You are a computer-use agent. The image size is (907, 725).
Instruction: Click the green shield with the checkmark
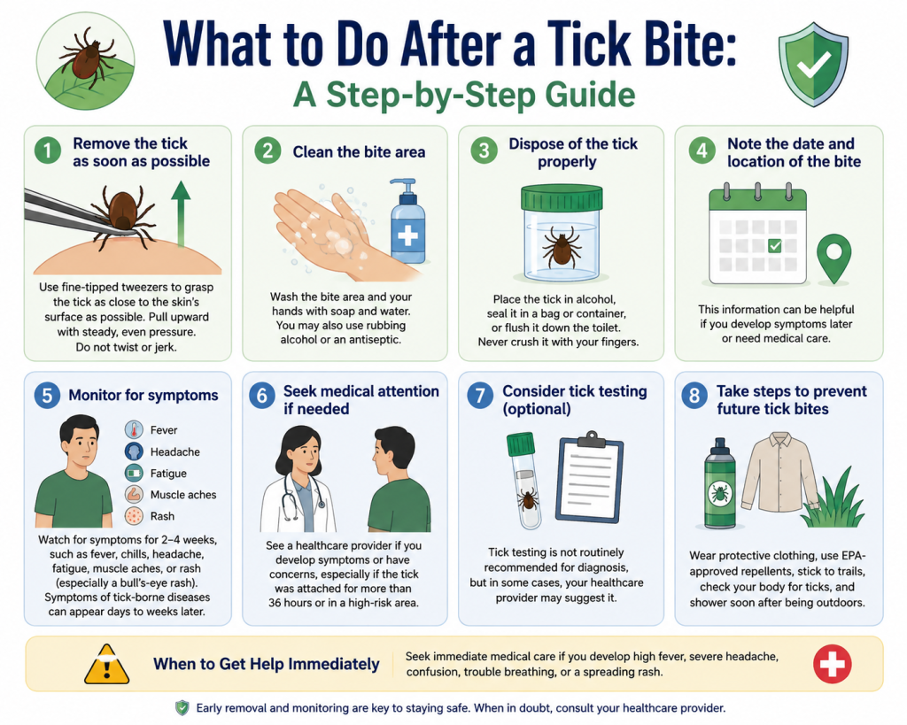pyautogui.click(x=813, y=64)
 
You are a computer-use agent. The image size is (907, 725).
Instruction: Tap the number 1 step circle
pyautogui.click(x=48, y=151)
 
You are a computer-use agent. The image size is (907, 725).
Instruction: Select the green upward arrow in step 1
pyautogui.click(x=181, y=214)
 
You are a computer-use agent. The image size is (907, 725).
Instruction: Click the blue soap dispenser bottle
pyautogui.click(x=407, y=221)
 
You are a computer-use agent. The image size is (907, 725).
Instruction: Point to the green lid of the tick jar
pyautogui.click(x=562, y=197)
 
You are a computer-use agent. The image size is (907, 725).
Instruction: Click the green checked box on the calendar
pyautogui.click(x=774, y=246)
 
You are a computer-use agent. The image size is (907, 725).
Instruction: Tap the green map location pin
pyautogui.click(x=833, y=258)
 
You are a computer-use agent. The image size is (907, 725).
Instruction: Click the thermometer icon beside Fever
pyautogui.click(x=134, y=429)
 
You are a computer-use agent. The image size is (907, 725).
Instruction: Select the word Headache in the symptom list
pyautogui.click(x=174, y=451)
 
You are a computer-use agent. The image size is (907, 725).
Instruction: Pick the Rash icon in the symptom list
pyautogui.click(x=134, y=516)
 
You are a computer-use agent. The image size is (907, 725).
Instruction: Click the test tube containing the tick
pyautogui.click(x=524, y=481)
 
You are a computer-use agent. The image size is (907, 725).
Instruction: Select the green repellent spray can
pyautogui.click(x=720, y=483)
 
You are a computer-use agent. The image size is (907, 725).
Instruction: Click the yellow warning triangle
pyautogui.click(x=107, y=665)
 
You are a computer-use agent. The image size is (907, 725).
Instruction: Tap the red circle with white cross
pyautogui.click(x=832, y=664)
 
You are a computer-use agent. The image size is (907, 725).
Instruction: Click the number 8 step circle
pyautogui.click(x=694, y=396)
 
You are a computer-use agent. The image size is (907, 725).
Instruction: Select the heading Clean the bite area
pyautogui.click(x=359, y=152)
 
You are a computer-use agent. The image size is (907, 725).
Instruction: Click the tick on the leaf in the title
pyautogui.click(x=87, y=57)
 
